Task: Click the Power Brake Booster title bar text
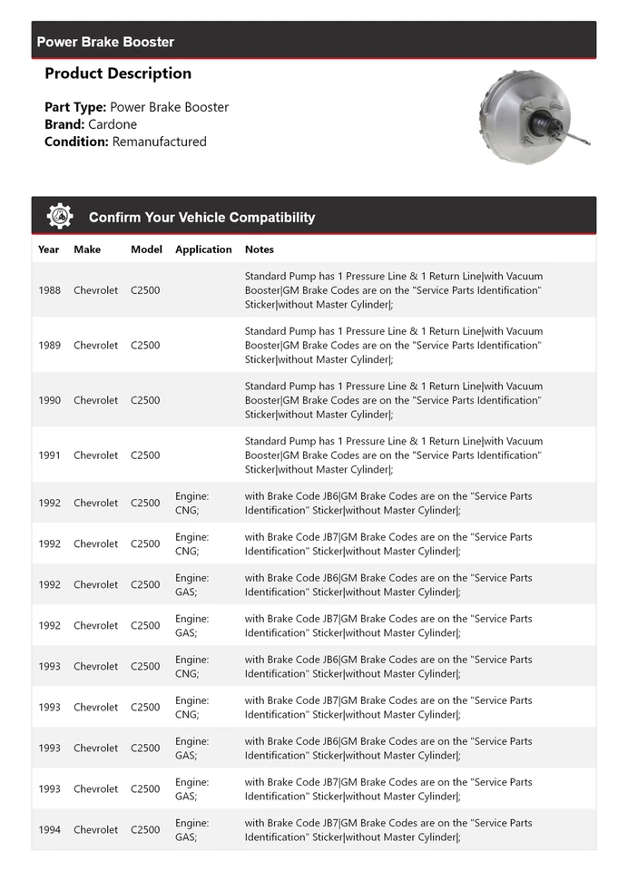pos(105,42)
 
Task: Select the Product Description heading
pos(118,73)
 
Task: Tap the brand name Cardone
pos(113,124)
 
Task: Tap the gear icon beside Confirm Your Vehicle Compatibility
pos(60,217)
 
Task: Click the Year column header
pos(49,250)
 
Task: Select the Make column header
pos(87,250)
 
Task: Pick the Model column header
pos(146,250)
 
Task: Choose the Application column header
pos(203,250)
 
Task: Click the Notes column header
pos(259,250)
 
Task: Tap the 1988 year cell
pos(50,290)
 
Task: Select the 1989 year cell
pos(50,346)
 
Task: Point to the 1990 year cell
pos(50,400)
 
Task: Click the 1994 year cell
pos(50,830)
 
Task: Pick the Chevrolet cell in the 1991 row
pos(95,455)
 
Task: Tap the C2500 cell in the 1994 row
pos(145,830)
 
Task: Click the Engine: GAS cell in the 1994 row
pos(191,830)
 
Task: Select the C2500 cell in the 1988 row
pos(145,290)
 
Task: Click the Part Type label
pos(75,107)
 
